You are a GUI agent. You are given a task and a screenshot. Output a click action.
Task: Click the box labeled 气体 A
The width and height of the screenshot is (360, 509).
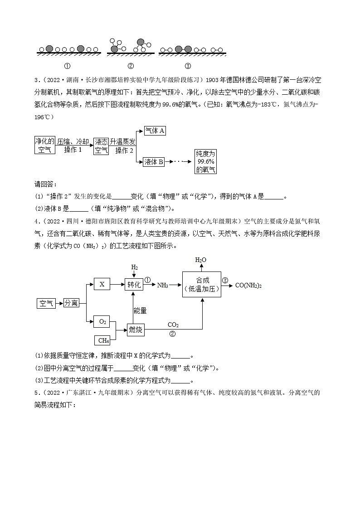(x=154, y=131)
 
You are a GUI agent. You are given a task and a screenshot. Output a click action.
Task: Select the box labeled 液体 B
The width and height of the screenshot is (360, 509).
(x=154, y=161)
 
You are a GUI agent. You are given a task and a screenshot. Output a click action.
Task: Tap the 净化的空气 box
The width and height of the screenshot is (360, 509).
(x=45, y=145)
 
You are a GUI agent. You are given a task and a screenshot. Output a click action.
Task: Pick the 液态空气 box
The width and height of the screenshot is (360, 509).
(x=101, y=145)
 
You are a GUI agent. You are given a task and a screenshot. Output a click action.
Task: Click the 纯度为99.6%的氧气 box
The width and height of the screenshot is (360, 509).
(x=205, y=161)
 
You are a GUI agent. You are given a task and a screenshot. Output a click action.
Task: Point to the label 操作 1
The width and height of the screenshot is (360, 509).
(x=73, y=150)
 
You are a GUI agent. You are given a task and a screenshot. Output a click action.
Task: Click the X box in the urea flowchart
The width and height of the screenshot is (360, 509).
(x=102, y=284)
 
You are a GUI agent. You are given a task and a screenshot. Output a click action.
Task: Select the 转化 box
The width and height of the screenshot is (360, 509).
(x=135, y=284)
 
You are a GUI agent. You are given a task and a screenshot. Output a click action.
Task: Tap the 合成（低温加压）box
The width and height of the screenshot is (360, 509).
(x=202, y=284)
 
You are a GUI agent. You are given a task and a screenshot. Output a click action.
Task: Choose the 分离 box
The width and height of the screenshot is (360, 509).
(x=71, y=303)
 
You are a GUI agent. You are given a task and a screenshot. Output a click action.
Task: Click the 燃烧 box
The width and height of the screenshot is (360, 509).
(x=136, y=329)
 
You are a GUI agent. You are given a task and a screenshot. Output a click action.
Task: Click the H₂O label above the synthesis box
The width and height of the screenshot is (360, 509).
(x=200, y=260)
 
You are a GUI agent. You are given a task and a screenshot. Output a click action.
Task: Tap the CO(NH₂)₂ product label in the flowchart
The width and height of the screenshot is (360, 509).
(x=248, y=285)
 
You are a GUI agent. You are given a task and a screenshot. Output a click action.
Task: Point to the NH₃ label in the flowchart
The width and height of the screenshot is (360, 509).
(x=163, y=285)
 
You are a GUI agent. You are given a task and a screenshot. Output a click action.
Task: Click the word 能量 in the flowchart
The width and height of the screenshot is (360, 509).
(x=140, y=310)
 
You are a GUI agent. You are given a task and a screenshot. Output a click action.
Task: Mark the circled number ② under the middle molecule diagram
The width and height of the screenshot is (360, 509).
(x=131, y=66)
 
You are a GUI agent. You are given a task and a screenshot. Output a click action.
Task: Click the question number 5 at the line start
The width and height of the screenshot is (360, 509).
(x=36, y=392)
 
